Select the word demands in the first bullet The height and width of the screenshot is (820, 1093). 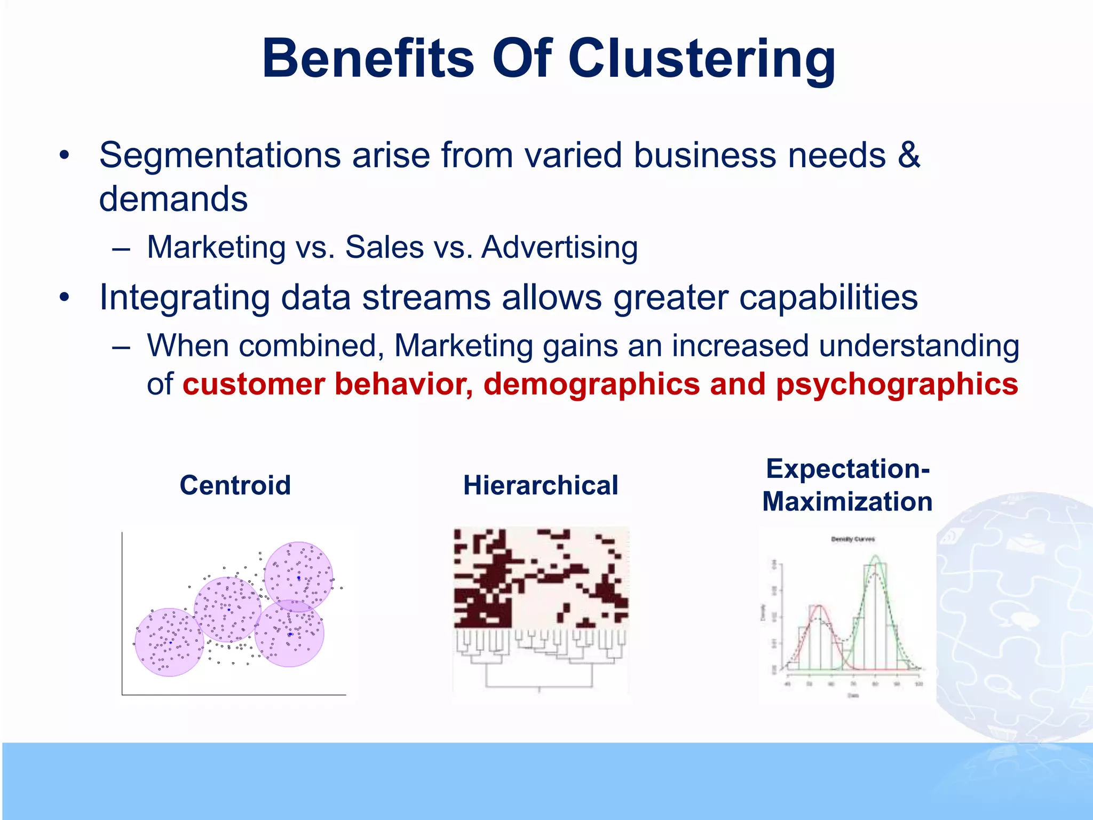click(x=173, y=199)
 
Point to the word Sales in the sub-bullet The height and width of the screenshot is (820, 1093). click(x=384, y=248)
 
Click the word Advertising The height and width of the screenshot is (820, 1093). click(x=559, y=248)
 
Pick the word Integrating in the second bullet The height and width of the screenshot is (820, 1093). click(x=184, y=298)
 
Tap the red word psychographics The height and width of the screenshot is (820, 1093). click(x=897, y=384)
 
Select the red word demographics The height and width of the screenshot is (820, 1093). click(x=591, y=384)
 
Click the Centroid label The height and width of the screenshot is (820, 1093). click(x=235, y=485)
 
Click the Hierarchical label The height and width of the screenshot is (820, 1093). click(x=541, y=485)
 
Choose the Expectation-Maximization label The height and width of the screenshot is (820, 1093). click(x=848, y=485)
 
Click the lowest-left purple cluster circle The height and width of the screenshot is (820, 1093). click(x=169, y=642)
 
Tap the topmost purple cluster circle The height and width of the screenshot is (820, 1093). click(x=298, y=577)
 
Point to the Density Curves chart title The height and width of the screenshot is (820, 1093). click(x=853, y=539)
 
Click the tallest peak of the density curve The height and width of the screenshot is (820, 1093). click(x=875, y=557)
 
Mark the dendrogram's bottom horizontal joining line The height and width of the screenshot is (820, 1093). click(x=539, y=687)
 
